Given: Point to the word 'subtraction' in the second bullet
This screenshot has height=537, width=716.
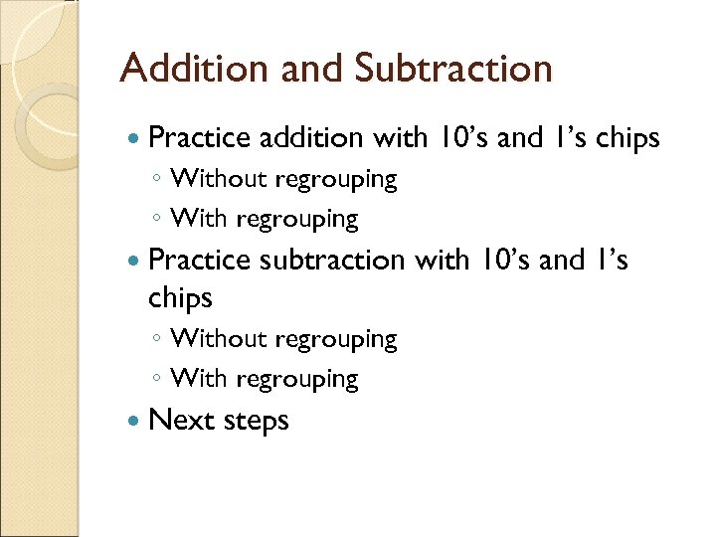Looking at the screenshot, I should (331, 260).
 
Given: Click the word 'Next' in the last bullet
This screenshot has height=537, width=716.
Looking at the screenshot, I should (181, 420).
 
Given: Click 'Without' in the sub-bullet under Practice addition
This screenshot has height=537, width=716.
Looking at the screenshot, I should (219, 179).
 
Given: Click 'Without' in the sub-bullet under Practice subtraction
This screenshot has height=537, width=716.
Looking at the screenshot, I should (219, 339).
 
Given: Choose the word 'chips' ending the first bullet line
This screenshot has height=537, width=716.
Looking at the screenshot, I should (626, 139).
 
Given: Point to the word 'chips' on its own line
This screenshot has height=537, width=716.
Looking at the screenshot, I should (180, 297).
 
